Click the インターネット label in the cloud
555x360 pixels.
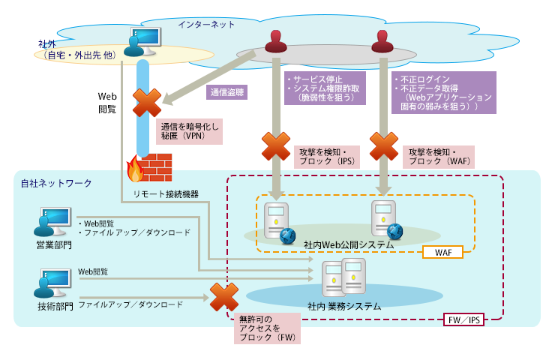(x=206, y=25)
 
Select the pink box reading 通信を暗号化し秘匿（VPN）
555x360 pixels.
(x=190, y=131)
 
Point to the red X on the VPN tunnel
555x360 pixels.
(x=147, y=103)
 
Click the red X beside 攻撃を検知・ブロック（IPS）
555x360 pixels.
(x=275, y=145)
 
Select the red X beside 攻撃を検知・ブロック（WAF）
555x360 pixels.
(x=383, y=145)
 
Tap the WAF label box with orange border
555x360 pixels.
(x=442, y=253)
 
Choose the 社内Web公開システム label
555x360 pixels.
(x=349, y=244)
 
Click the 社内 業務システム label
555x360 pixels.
(x=344, y=306)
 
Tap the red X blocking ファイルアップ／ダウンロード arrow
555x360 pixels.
(x=223, y=298)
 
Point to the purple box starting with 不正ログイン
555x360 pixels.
(x=445, y=92)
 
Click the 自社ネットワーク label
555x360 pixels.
(x=56, y=183)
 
